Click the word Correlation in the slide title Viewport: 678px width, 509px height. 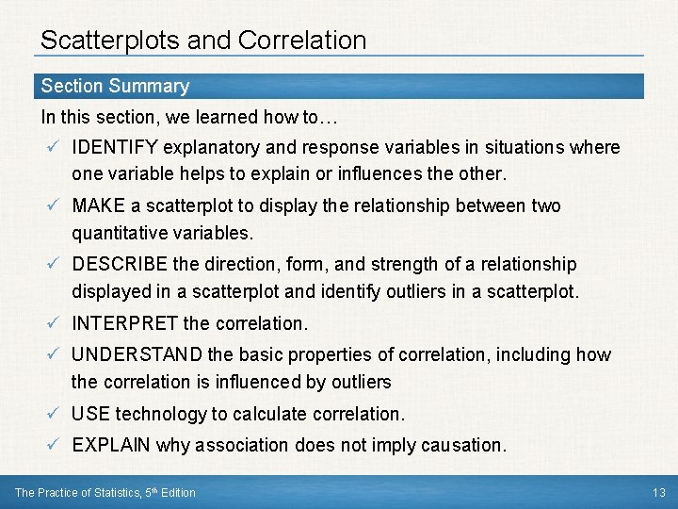pos(302,41)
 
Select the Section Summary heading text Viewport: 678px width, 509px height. pos(115,86)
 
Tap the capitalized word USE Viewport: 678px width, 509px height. pos(90,414)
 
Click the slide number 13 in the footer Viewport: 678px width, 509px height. pos(657,492)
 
